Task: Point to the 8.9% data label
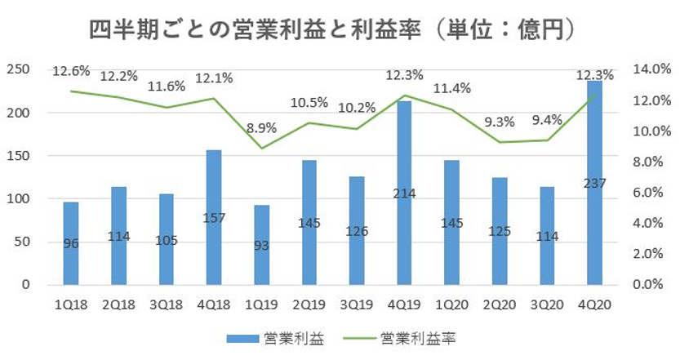261,128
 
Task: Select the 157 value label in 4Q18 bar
214,219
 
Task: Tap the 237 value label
594,184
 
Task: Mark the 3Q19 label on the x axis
357,304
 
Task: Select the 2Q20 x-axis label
500,304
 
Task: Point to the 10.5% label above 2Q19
309,103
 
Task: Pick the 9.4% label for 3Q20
546,120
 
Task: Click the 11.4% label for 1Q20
451,88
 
